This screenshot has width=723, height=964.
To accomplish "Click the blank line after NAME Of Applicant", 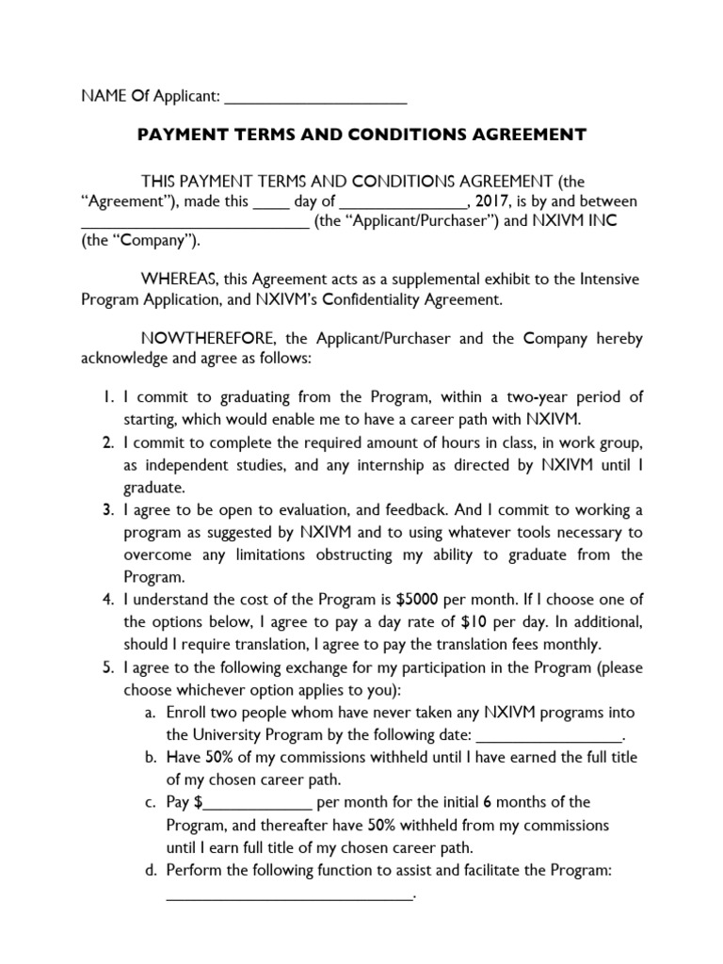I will (316, 96).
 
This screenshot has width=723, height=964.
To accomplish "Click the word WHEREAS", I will (179, 280).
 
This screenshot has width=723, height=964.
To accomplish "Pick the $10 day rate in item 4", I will (474, 622).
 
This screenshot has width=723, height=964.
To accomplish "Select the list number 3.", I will (108, 509).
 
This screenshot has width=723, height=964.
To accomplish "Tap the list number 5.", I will (108, 667).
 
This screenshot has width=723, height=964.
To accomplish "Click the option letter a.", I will (151, 713).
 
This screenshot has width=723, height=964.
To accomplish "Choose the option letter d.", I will (151, 871).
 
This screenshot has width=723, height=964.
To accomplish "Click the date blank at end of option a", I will (551, 736).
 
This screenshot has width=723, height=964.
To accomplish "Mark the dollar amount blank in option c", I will (257, 804).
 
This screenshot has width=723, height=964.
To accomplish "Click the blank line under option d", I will (290, 895).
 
